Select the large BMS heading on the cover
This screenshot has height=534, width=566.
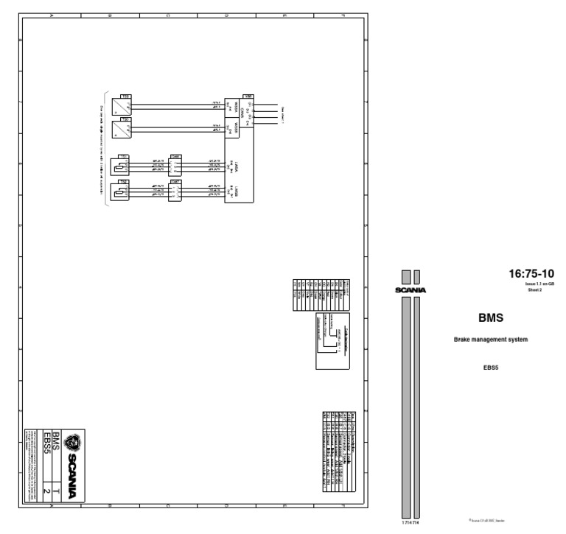pos(491,318)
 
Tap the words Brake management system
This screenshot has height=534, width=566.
pos(491,340)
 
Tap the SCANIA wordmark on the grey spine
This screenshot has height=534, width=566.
pos(410,289)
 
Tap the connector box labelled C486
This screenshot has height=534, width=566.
pos(175,166)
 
